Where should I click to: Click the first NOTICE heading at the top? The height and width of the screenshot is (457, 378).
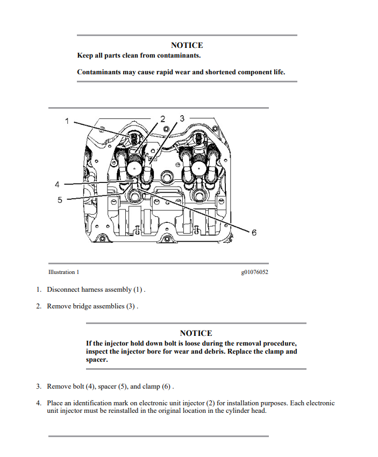(187, 46)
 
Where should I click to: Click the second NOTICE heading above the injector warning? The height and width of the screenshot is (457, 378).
(196, 333)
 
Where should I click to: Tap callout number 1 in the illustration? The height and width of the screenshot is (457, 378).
(67, 121)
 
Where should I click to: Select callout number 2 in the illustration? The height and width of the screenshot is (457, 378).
(162, 118)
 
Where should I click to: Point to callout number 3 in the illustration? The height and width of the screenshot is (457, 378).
(182, 118)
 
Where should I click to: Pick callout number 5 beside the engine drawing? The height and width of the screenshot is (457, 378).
(60, 200)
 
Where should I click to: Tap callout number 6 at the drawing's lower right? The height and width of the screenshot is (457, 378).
(254, 233)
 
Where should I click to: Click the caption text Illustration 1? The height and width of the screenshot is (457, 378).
(63, 272)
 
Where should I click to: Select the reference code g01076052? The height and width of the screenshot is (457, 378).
(255, 272)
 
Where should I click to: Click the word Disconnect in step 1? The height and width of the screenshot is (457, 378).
(62, 290)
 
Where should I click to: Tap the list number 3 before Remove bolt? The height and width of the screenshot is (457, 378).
(39, 386)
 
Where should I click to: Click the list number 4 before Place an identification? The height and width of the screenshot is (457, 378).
(39, 403)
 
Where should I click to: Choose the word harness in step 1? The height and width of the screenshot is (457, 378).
(91, 290)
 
